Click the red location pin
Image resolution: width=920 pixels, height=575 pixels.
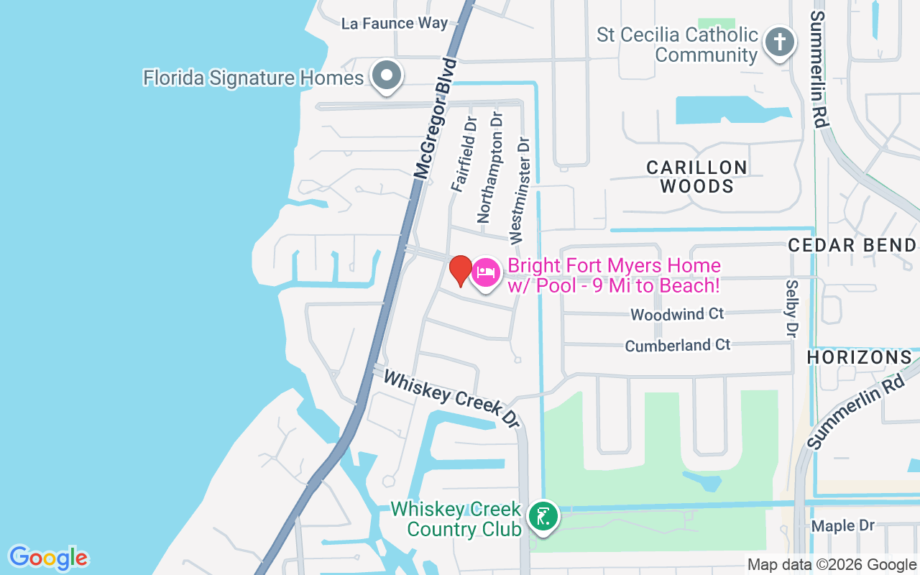click(460, 270)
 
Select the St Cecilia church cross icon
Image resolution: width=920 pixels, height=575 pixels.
click(779, 42)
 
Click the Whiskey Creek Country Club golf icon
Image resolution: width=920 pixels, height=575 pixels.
click(543, 517)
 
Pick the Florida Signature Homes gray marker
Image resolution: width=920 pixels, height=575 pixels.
click(387, 75)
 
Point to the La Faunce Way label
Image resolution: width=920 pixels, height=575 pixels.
click(394, 23)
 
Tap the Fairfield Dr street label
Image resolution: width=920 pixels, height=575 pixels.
click(464, 155)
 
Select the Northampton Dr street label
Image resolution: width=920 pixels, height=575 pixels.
click(490, 166)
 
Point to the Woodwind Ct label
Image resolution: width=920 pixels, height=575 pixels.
click(677, 314)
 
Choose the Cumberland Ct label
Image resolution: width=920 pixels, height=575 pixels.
click(677, 345)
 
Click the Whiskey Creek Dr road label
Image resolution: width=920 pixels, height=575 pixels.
click(451, 399)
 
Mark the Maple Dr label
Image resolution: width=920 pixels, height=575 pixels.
click(842, 525)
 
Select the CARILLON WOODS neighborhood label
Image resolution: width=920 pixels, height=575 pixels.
click(696, 177)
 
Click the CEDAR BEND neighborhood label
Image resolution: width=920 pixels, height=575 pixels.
click(852, 245)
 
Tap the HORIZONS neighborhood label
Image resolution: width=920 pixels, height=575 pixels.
click(859, 356)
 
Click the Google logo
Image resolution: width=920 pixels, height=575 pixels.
click(48, 558)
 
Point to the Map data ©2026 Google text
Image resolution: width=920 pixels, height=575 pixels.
click(832, 565)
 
